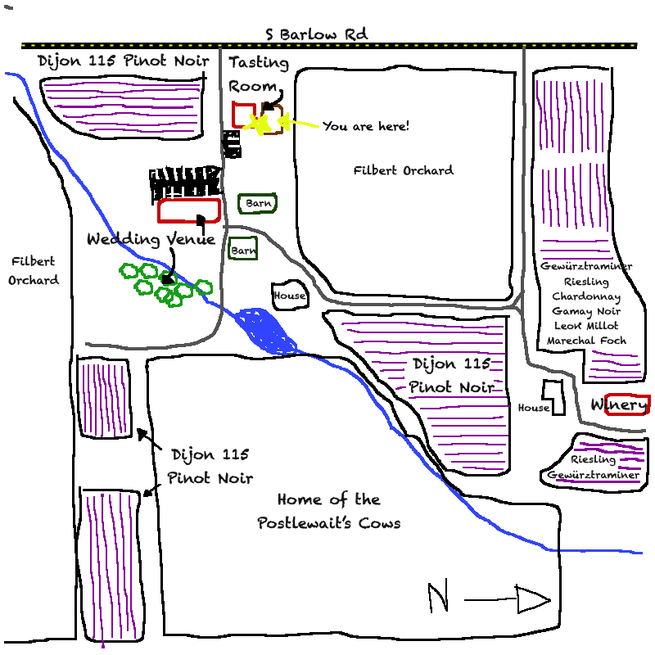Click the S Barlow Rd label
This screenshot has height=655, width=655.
click(316, 35)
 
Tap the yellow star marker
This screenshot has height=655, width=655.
click(259, 124)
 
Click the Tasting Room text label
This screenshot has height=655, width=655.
click(258, 74)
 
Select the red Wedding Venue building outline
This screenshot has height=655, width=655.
click(189, 210)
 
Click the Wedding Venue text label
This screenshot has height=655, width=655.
click(151, 239)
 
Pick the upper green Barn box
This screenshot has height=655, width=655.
click(257, 203)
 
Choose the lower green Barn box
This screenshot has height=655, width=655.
click(243, 250)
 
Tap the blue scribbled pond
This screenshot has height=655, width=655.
click(267, 330)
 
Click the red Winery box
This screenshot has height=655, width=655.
click(627, 404)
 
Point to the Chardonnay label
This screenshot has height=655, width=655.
click(586, 296)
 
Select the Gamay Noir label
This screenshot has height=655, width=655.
click(586, 311)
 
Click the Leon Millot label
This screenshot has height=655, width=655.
click(586, 325)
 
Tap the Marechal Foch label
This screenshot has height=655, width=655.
click(586, 340)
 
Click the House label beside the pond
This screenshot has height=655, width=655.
click(289, 296)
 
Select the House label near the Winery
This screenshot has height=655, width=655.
click(533, 408)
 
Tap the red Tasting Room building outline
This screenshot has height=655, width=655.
click(243, 115)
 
